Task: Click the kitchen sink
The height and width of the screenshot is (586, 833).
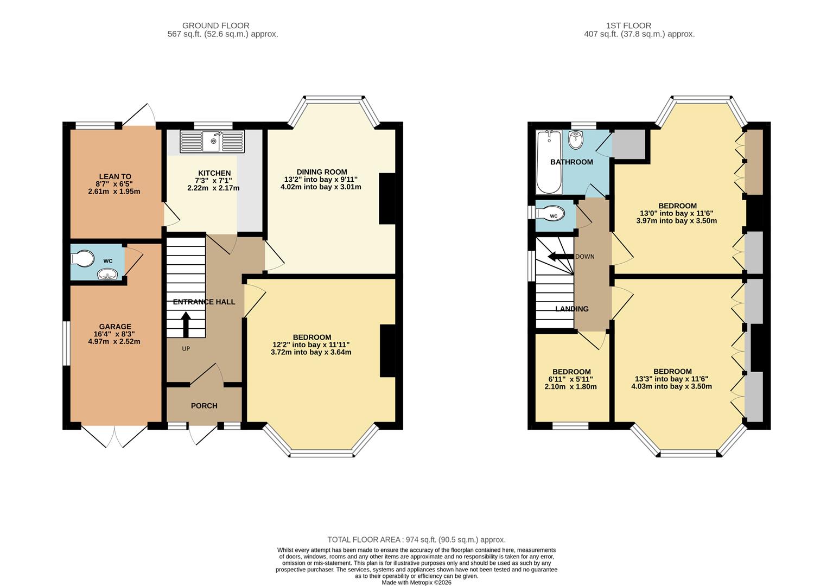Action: [213, 142]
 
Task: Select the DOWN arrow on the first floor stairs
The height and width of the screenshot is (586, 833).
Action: [559, 257]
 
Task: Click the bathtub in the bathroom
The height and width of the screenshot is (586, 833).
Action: [549, 161]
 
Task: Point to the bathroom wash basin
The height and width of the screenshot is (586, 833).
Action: [575, 140]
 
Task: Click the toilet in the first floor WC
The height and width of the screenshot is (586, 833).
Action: [548, 214]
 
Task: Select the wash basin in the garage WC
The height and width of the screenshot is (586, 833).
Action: [108, 275]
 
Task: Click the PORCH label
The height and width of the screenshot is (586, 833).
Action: [204, 406]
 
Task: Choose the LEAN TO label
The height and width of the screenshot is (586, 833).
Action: [115, 176]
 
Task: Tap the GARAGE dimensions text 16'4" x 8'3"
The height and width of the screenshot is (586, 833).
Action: [115, 334]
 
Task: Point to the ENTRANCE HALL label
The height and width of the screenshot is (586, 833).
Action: [204, 302]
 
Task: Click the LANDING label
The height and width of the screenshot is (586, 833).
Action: [571, 309]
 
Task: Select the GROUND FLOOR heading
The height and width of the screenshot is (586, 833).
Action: [215, 26]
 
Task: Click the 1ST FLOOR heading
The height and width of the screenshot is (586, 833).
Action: [628, 26]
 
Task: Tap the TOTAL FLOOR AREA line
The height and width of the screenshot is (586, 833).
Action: [416, 539]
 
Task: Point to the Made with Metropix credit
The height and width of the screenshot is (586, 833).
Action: [416, 582]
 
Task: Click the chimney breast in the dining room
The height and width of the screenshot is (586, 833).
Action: [387, 198]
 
